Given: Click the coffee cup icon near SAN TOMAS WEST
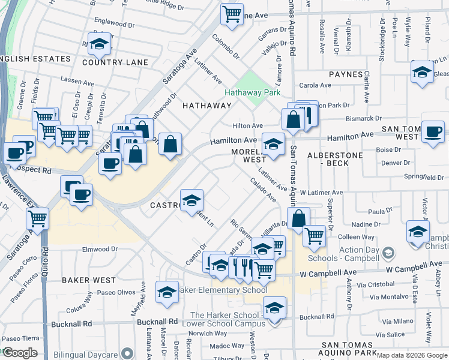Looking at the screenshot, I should click(432, 132).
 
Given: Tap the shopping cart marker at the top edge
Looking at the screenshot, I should click(231, 14).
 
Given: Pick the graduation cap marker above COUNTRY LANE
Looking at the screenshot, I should click(99, 43).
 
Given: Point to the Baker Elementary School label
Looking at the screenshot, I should click(221, 290).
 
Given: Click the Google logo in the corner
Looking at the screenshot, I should click(19, 353).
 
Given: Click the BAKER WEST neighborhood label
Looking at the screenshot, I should click(88, 280).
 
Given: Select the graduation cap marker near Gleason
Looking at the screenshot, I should click(422, 73).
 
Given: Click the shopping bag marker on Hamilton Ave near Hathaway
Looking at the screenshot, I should click(170, 144).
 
